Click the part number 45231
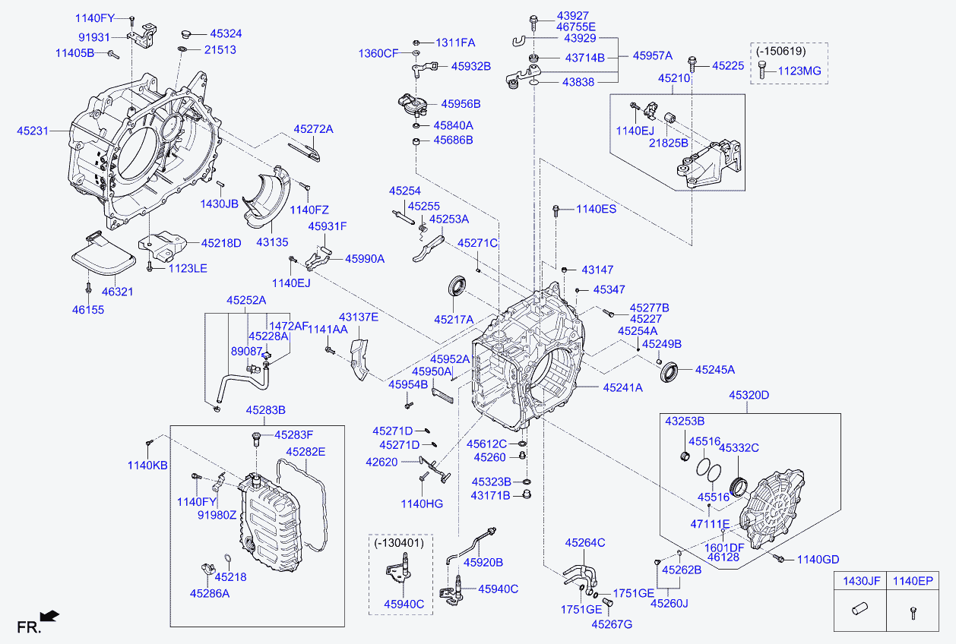(x=33, y=131)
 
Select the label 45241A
(x=623, y=387)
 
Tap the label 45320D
(x=749, y=395)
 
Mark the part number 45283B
(x=265, y=410)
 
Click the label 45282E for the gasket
(x=305, y=452)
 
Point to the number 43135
(x=272, y=241)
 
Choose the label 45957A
(x=653, y=55)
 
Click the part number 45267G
(x=612, y=624)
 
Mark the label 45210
(x=674, y=78)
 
